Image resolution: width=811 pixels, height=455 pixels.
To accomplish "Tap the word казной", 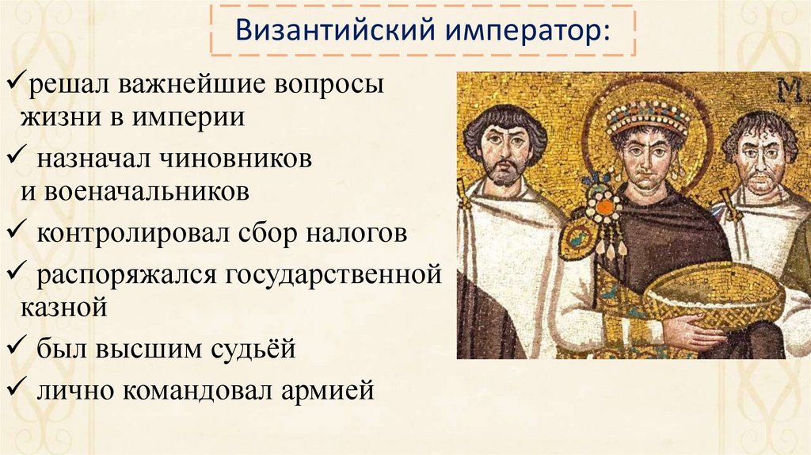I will coord(63,307).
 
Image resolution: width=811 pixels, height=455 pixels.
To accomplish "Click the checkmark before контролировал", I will coord(15,233).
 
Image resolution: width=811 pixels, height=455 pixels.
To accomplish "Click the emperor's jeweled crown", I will coord(648,118).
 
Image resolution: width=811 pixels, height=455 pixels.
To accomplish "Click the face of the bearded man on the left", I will coord(504,151).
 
